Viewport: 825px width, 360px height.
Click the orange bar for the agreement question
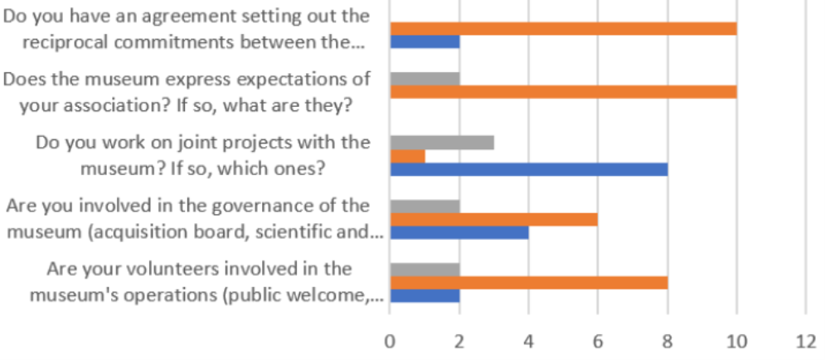click(x=563, y=28)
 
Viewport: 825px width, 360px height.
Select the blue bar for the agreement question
click(x=425, y=42)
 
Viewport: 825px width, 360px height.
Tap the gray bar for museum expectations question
click(x=425, y=78)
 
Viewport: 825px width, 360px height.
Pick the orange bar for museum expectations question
click(x=563, y=92)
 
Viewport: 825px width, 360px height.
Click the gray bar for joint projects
click(x=442, y=142)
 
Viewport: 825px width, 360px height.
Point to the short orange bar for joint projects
click(x=407, y=156)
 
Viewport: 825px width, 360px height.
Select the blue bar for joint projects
click(x=528, y=170)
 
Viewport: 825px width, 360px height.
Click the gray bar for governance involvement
click(x=425, y=206)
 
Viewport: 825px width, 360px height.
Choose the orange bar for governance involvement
click(x=493, y=220)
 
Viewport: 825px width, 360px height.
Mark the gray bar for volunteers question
click(x=425, y=269)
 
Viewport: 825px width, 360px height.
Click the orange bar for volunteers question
click(x=528, y=283)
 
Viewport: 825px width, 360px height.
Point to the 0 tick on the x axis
click(x=390, y=340)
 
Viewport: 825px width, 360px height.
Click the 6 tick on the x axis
click(x=598, y=340)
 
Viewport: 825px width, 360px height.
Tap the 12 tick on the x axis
click(x=805, y=340)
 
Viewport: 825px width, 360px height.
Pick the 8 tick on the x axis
click(x=667, y=340)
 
